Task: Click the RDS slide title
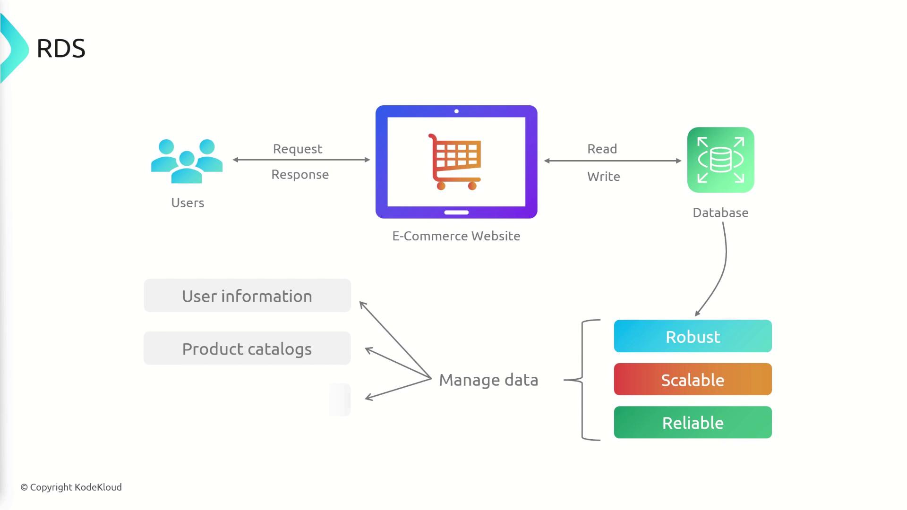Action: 61,49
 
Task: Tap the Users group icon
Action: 187,161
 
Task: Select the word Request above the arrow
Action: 298,149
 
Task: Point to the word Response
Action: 300,175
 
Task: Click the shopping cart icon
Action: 455,161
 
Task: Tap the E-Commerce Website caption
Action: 456,236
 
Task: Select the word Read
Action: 602,149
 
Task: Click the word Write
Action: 603,177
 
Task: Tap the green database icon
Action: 720,160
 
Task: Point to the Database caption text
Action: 720,213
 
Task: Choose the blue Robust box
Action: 693,336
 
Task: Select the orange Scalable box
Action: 693,379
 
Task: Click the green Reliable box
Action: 693,423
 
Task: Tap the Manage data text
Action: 488,380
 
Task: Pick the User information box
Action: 247,296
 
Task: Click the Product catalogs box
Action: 247,348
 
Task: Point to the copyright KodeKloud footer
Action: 71,487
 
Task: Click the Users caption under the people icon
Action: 188,203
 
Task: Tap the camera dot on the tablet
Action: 456,111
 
